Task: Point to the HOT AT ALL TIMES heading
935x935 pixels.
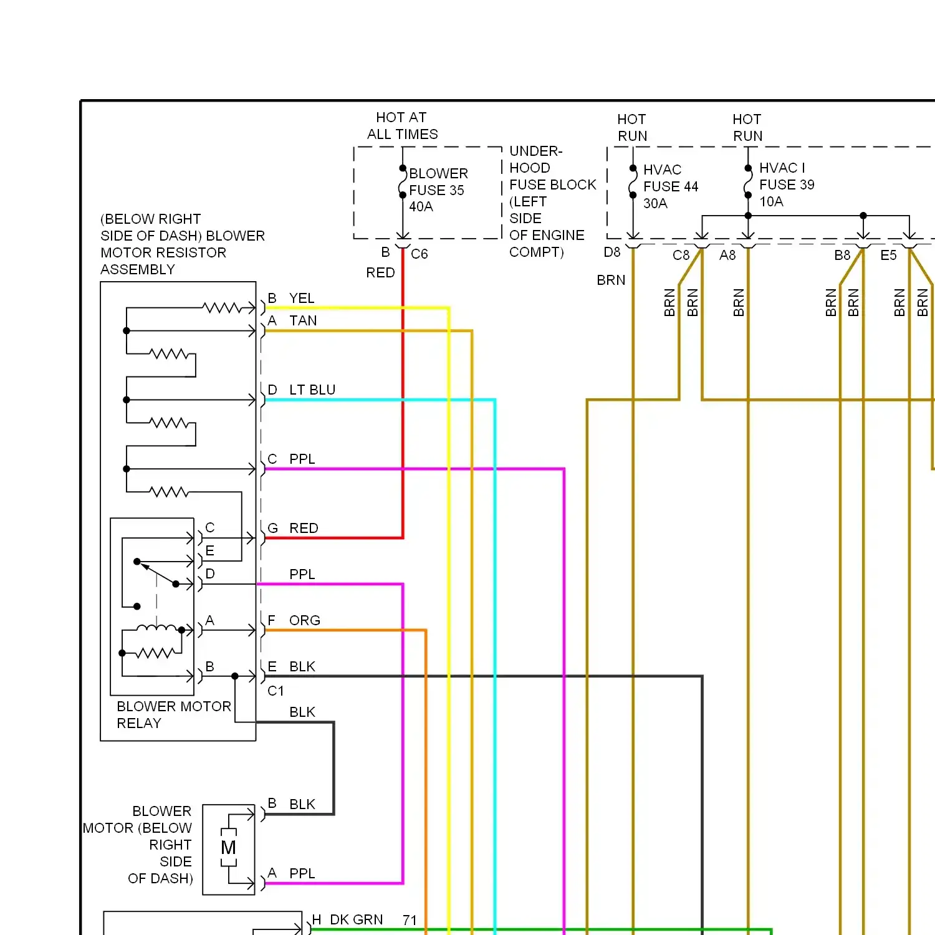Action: point(402,126)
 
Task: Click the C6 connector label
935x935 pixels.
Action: point(420,254)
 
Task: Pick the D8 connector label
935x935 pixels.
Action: point(612,252)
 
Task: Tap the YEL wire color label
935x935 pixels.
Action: point(302,298)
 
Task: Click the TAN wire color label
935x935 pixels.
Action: point(303,320)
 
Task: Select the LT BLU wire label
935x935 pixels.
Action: point(312,390)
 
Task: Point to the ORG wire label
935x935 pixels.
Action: point(305,620)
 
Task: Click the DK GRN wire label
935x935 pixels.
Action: point(357,919)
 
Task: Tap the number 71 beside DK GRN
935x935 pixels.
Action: point(410,920)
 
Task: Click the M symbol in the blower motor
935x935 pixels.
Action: point(229,848)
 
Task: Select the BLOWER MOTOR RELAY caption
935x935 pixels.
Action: point(174,714)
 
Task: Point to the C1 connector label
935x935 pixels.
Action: point(276,691)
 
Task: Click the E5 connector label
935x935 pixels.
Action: point(888,255)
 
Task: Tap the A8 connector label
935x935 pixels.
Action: point(727,255)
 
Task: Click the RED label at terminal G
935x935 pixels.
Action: point(304,528)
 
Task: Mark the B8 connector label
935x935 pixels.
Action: point(842,255)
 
